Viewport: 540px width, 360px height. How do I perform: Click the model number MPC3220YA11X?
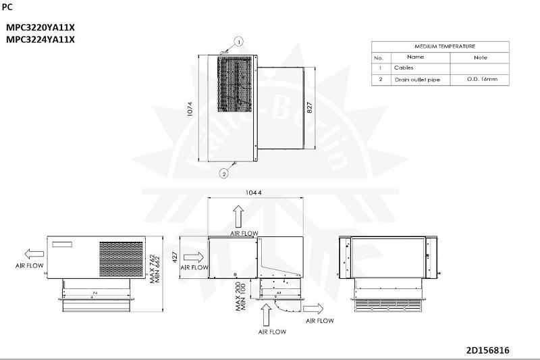click(40, 28)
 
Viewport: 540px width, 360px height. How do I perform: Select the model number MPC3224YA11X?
click(40, 39)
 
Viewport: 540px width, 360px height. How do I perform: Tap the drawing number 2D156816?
click(487, 351)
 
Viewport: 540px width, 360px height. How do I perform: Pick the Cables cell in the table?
click(404, 68)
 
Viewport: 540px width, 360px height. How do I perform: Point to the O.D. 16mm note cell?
click(482, 79)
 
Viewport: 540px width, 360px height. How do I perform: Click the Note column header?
click(481, 57)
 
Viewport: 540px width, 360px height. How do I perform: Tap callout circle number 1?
click(238, 42)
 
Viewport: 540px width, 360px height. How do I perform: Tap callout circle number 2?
click(223, 173)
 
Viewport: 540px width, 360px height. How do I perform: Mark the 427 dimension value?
click(175, 257)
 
